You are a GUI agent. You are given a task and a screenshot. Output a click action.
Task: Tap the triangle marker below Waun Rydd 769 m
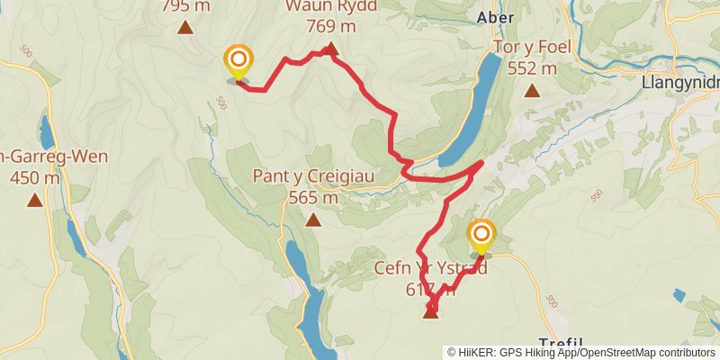pos(330,49)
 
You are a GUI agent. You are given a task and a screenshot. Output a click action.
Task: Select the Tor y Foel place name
pos(532,47)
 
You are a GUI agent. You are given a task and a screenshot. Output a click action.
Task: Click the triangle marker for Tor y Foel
pos(532,90)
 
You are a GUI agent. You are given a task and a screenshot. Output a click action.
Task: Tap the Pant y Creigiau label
pos(313,176)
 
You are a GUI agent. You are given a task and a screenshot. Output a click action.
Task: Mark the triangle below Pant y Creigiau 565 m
pos(313,220)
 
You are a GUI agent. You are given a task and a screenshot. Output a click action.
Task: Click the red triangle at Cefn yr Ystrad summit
pos(430,312)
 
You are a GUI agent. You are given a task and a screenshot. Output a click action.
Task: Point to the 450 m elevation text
pos(34,177)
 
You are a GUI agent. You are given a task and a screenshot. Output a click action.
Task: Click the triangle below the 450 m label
pos(34,200)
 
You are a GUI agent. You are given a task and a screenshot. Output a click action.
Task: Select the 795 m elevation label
pos(185,5)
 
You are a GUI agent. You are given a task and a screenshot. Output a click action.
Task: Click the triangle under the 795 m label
pos(185,27)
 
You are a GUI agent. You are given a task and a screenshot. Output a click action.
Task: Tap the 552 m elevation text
pos(532,67)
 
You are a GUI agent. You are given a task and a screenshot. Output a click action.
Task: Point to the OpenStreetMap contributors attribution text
pos(647,352)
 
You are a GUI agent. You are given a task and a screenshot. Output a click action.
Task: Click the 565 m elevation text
pos(313,197)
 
